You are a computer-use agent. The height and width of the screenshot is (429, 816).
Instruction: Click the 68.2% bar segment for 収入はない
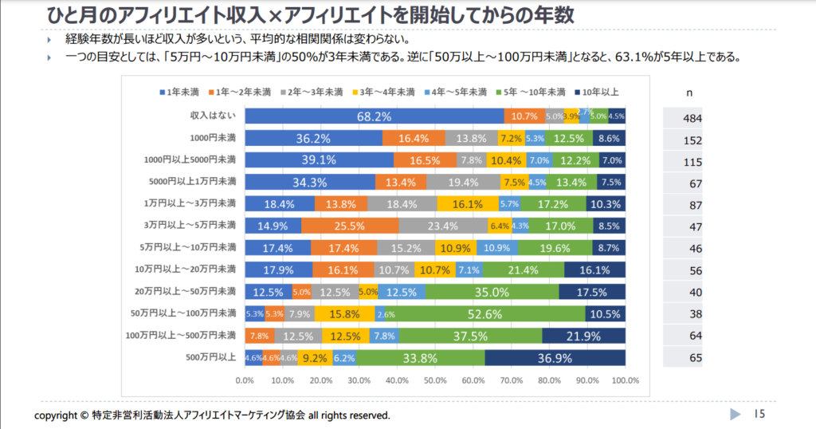point(374,116)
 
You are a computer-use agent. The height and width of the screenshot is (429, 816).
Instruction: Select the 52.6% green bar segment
point(523,313)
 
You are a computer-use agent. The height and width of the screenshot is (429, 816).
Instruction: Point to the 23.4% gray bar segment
point(444,226)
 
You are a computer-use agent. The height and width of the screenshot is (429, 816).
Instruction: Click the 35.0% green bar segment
point(492,292)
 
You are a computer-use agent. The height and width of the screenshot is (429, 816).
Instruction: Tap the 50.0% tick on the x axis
point(435,380)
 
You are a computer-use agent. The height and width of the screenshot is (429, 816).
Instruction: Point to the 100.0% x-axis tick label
point(625,380)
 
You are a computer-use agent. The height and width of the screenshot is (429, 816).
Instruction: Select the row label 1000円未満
point(213,138)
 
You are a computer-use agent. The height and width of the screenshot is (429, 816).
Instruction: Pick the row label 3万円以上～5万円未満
point(190,226)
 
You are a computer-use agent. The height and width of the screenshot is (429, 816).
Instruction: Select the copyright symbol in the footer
point(84,415)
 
